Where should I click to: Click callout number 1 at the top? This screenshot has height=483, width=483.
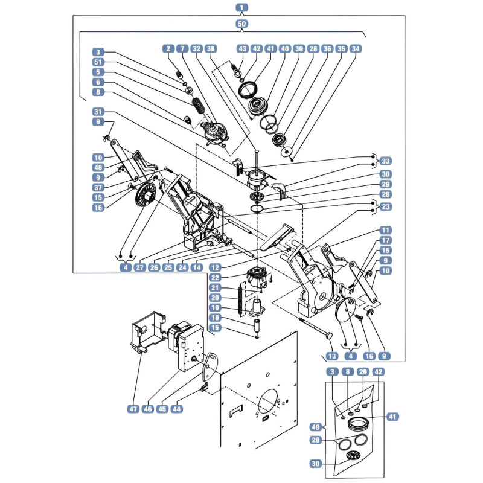click(242, 7)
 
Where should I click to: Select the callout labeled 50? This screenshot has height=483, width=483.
click(242, 24)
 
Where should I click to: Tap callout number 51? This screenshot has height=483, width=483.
click(98, 62)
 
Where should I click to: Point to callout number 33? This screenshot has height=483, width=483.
click(386, 161)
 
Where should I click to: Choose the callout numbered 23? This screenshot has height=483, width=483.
click(386, 206)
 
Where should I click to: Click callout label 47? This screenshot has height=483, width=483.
click(133, 409)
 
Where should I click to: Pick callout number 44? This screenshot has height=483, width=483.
click(176, 409)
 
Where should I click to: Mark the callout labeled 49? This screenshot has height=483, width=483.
click(316, 427)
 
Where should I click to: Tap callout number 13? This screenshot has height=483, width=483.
click(332, 356)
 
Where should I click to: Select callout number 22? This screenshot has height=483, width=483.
click(215, 278)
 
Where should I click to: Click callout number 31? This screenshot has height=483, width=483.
click(98, 112)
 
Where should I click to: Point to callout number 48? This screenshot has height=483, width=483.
click(98, 167)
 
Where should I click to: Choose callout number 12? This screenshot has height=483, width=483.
click(215, 267)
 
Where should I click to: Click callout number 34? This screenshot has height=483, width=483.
click(356, 49)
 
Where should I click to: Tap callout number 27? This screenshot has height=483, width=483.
click(139, 267)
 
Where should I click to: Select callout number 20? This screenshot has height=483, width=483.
click(215, 298)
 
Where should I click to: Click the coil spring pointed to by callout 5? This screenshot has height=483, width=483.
click(199, 106)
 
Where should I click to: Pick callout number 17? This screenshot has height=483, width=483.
click(386, 240)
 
